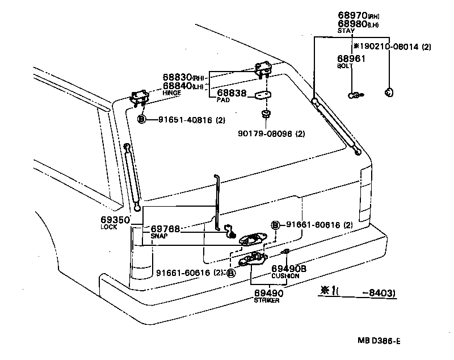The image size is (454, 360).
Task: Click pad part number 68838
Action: [232, 93]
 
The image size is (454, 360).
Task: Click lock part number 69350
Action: [115, 219]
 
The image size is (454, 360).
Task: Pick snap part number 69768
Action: [165, 229]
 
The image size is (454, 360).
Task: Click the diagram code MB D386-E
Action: [379, 341]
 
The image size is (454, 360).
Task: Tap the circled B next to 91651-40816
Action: [142, 120]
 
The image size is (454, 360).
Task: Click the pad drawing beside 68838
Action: [262, 95]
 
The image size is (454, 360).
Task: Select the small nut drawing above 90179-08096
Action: [265, 115]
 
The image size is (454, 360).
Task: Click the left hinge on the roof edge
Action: [139, 97]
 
